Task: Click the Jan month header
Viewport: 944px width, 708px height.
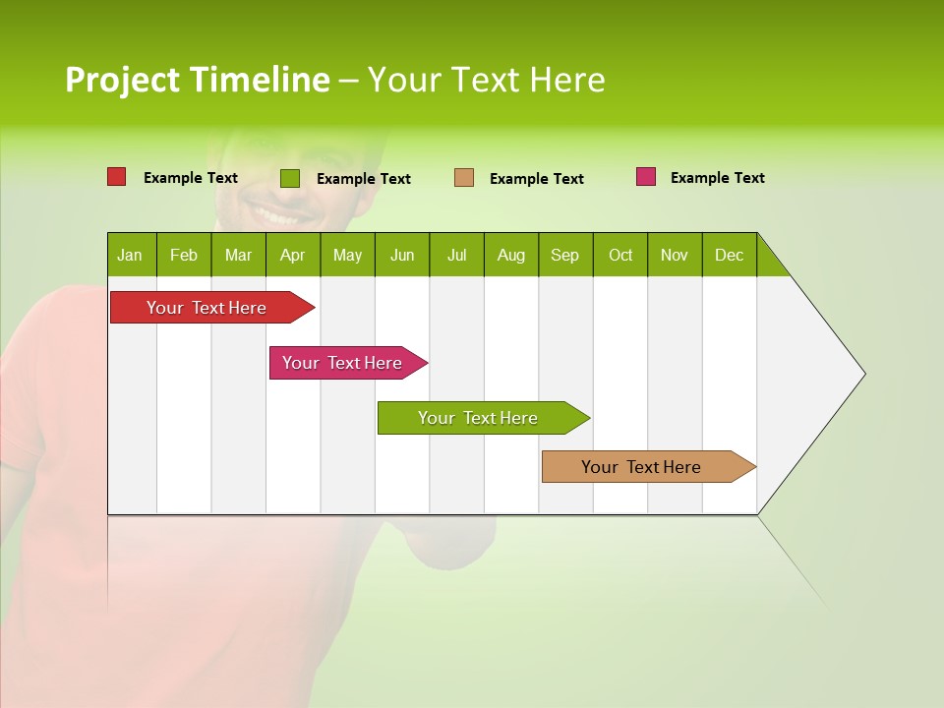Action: [130, 255]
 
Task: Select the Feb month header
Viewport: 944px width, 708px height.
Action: [184, 255]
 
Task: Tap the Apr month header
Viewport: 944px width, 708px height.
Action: [293, 255]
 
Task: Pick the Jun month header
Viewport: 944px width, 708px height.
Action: [402, 255]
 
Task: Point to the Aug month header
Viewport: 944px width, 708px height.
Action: [511, 255]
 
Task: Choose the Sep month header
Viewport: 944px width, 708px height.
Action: [565, 255]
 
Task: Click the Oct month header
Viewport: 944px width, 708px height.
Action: [620, 255]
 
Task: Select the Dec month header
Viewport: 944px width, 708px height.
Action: [730, 255]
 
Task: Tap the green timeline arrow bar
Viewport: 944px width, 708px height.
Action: [479, 418]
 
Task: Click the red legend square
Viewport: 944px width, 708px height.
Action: [117, 177]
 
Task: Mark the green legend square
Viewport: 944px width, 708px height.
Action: [290, 178]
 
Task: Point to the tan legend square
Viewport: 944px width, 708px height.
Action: [464, 178]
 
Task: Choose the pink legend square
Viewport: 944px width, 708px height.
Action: [646, 177]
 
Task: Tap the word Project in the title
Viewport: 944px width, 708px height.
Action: [122, 80]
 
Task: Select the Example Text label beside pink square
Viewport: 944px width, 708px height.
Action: [717, 178]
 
